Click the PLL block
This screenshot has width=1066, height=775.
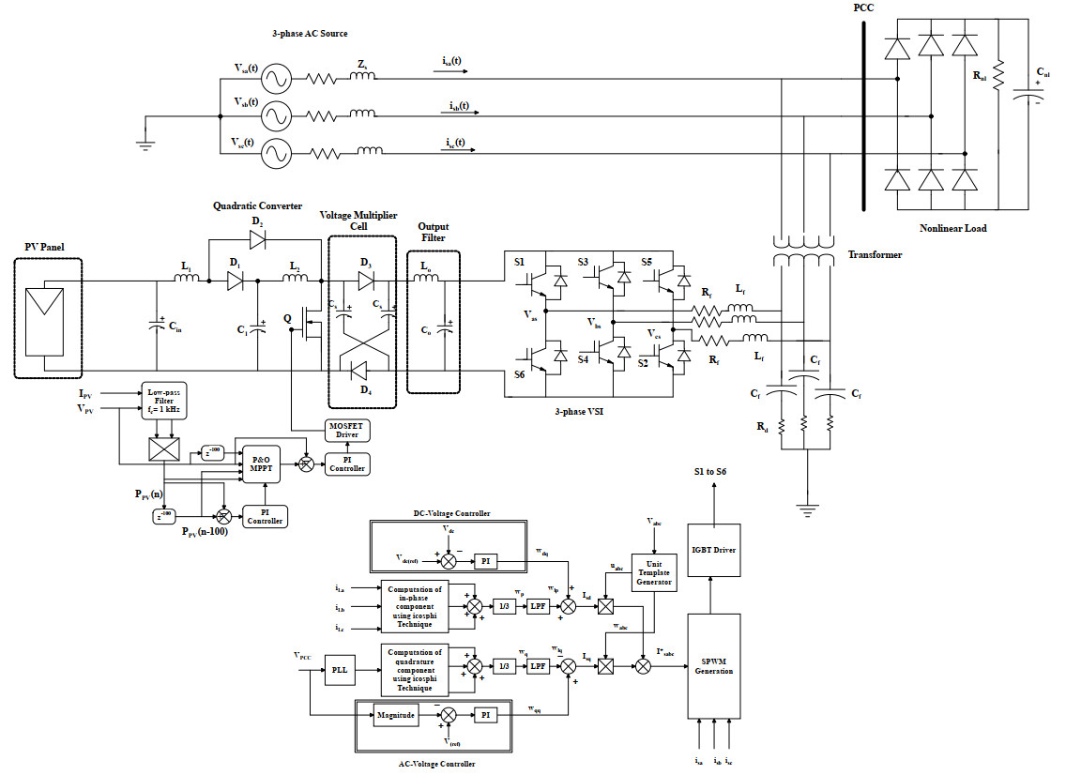click(339, 670)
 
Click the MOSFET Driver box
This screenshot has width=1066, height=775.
click(347, 431)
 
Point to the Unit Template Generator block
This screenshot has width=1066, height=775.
click(654, 570)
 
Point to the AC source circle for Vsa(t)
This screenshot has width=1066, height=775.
click(276, 77)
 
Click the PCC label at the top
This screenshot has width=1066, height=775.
click(864, 8)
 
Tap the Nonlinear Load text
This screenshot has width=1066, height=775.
click(954, 228)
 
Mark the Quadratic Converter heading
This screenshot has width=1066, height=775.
click(257, 205)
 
